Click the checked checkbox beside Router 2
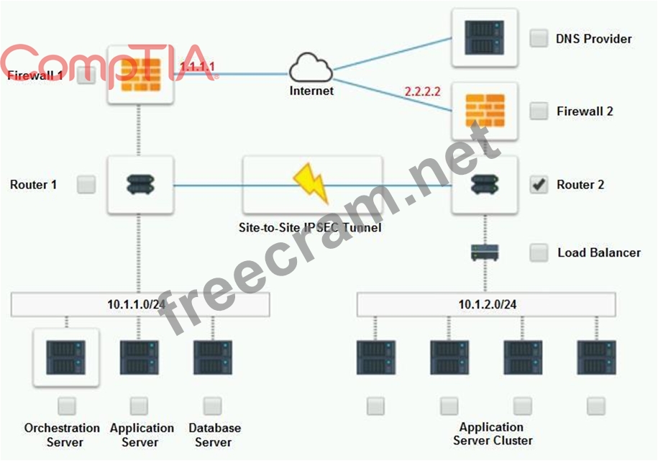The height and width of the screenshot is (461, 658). coord(539,185)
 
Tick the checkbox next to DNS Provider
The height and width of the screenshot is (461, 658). coord(539,38)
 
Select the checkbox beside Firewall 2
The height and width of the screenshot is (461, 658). coord(539,111)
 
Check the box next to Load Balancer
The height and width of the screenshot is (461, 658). coord(539,252)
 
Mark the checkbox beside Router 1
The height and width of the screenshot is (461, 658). coord(86,185)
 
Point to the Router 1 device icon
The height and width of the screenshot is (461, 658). coord(140,185)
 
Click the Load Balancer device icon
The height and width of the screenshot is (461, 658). coord(485,252)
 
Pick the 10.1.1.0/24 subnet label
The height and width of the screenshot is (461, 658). coord(140,304)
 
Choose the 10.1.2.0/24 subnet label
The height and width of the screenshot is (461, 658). coord(487,304)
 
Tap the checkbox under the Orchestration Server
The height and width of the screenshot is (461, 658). coord(67,406)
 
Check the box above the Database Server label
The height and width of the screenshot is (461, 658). coord(212,406)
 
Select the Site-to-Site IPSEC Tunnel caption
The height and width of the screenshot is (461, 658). coord(310,228)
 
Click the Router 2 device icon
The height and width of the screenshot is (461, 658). coord(484,185)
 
